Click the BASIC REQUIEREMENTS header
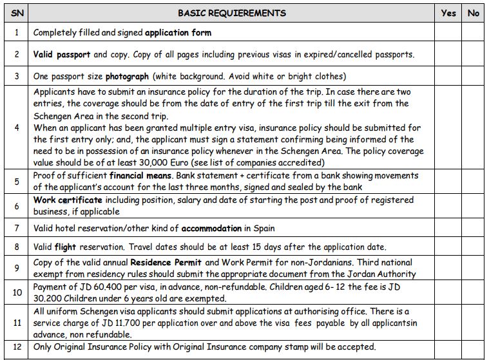click(x=231, y=13)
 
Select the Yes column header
click(x=448, y=13)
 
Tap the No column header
click(x=474, y=13)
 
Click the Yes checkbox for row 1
click(x=448, y=32)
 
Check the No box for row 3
click(x=474, y=76)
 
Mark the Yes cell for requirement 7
click(x=448, y=228)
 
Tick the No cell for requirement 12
click(x=474, y=347)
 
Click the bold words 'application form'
click(x=178, y=32)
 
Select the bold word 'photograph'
click(x=127, y=76)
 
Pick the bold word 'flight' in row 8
click(x=65, y=247)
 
